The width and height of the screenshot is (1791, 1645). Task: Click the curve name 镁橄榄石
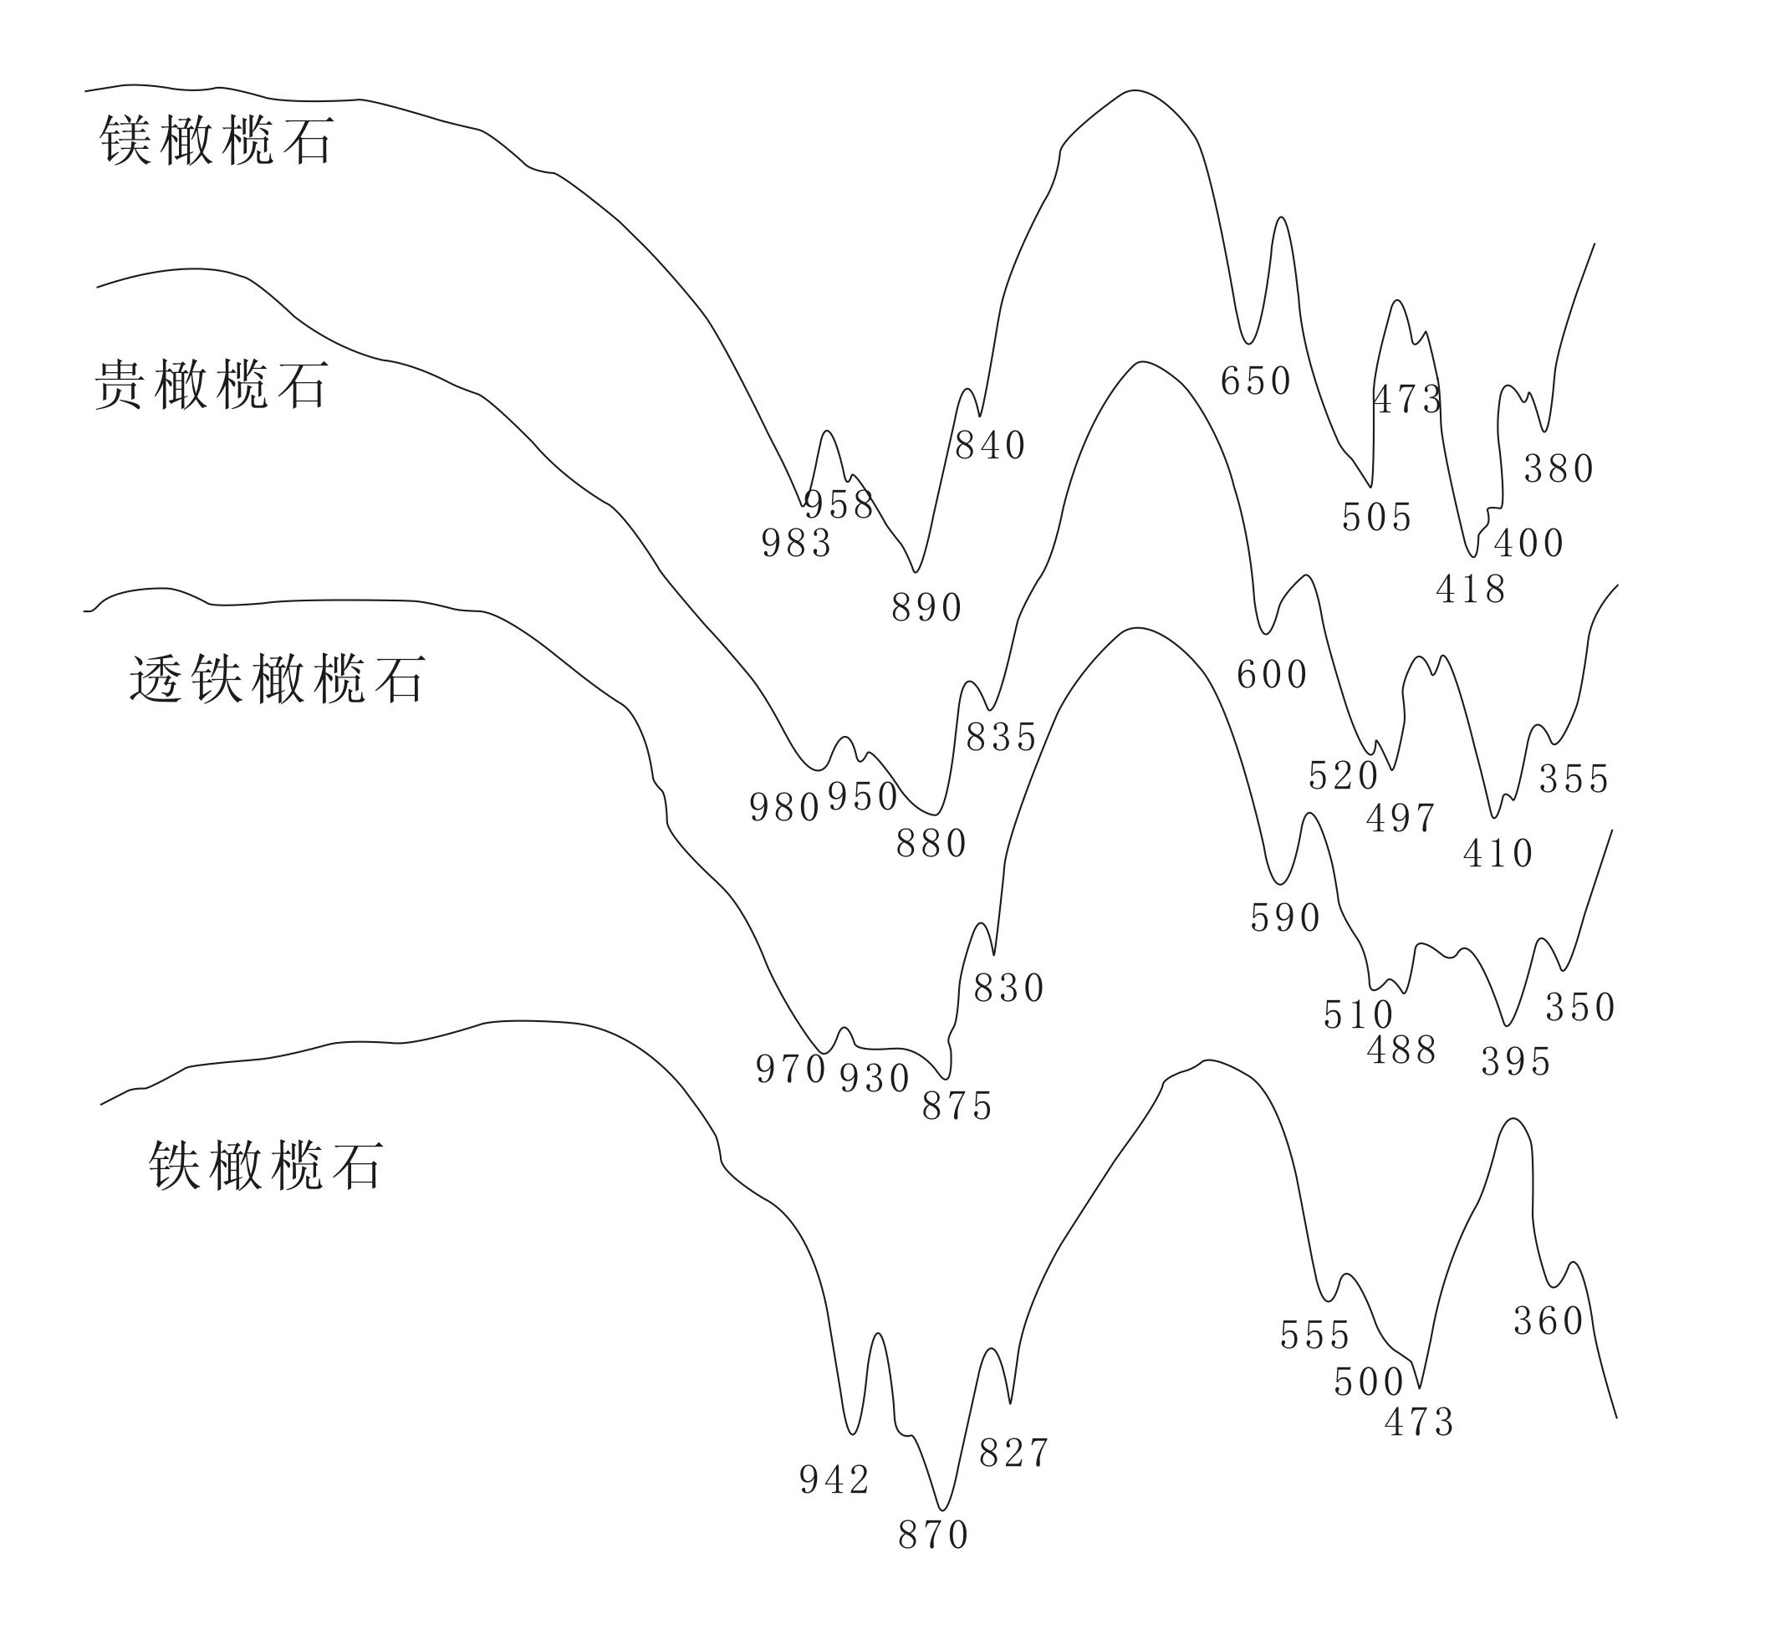[217, 140]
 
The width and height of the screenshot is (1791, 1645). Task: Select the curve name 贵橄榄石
[211, 385]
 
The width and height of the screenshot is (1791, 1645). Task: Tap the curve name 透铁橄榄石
[277, 679]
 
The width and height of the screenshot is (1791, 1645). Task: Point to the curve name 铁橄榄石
[265, 1165]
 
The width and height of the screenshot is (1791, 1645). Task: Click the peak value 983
[796, 543]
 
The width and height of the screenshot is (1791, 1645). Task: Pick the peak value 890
[926, 608]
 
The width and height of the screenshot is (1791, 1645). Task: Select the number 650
[1255, 381]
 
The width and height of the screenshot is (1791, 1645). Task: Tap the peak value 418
[1471, 590]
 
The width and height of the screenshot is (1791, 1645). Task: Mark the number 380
[1559, 468]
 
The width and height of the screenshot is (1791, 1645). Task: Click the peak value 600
[1272, 675]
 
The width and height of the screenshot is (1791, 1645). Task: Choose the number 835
[1002, 737]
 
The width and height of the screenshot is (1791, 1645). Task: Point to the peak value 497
[1401, 817]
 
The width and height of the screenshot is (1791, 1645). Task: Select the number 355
[1574, 779]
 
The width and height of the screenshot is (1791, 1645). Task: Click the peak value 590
[1285, 917]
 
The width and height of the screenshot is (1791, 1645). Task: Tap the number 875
[957, 1106]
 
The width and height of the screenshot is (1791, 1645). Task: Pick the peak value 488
[1402, 1050]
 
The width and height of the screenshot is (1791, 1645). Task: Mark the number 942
[834, 1480]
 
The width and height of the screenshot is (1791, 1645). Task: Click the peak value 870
[933, 1535]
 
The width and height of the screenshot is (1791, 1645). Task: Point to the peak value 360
[1549, 1321]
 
